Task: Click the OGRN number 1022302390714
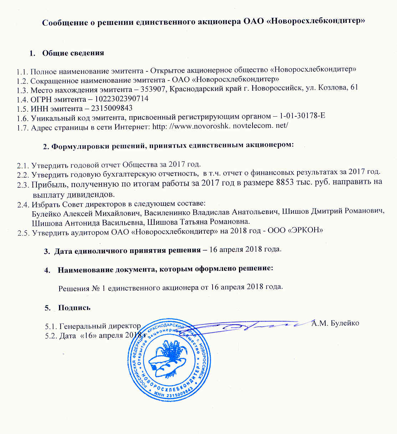point(121,99)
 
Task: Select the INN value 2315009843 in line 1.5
point(112,108)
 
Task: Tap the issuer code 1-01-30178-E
point(302,116)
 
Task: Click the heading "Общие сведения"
point(73,53)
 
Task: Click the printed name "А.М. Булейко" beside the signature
point(335,323)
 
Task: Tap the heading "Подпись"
point(74,308)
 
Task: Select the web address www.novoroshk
point(200,126)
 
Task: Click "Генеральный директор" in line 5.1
point(100,326)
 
